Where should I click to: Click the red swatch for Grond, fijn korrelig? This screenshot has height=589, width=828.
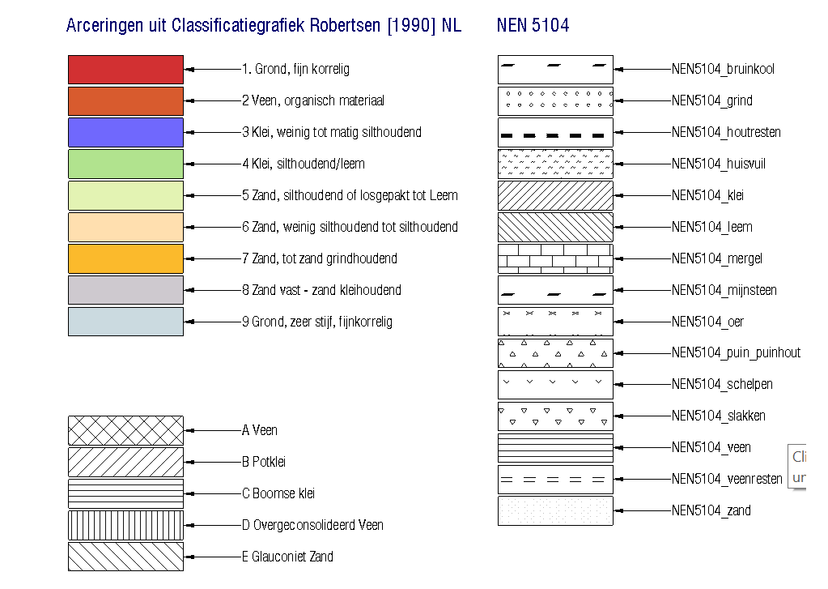tap(125, 70)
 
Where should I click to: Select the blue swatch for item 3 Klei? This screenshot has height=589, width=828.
tap(125, 132)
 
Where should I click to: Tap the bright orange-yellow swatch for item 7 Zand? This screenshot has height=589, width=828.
tap(125, 258)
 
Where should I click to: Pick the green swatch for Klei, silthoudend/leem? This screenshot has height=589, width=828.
tap(125, 164)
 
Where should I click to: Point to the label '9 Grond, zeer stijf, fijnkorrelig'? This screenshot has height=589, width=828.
tap(316, 322)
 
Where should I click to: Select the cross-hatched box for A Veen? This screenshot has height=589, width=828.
tap(125, 430)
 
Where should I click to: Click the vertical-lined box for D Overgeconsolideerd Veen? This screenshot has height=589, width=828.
tap(125, 525)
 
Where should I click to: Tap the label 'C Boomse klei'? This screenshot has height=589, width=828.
tap(278, 493)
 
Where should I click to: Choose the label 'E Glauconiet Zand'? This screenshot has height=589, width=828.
tap(287, 557)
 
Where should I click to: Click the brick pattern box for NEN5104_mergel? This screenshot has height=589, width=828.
tap(555, 258)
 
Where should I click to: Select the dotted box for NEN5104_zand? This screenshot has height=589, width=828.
tap(555, 510)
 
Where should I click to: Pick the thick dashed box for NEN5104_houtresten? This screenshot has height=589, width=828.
tap(555, 132)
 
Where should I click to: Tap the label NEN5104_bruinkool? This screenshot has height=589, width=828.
tap(722, 69)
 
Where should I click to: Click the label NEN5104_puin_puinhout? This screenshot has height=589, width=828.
tap(735, 352)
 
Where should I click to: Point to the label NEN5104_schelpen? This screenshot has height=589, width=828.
tap(721, 384)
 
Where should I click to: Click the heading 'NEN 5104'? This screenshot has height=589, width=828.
tap(533, 26)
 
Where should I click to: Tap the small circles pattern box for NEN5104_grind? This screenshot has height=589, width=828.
tap(555, 100)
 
